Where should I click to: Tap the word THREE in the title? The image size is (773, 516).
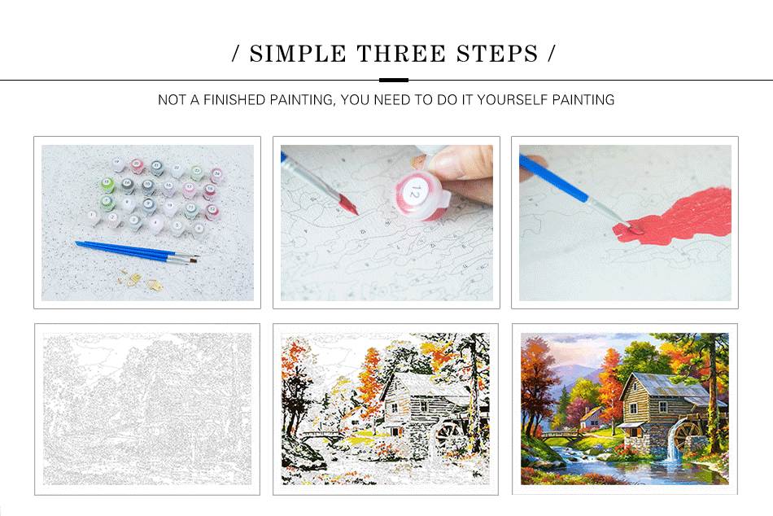point(394,55)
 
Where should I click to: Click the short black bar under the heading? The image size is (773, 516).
point(394,80)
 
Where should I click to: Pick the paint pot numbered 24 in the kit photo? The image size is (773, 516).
point(216,173)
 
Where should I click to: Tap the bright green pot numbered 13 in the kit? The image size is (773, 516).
point(107,183)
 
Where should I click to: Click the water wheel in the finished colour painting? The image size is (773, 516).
point(688,436)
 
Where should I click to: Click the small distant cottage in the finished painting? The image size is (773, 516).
point(592,417)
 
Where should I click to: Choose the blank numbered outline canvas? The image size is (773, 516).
point(147,409)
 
